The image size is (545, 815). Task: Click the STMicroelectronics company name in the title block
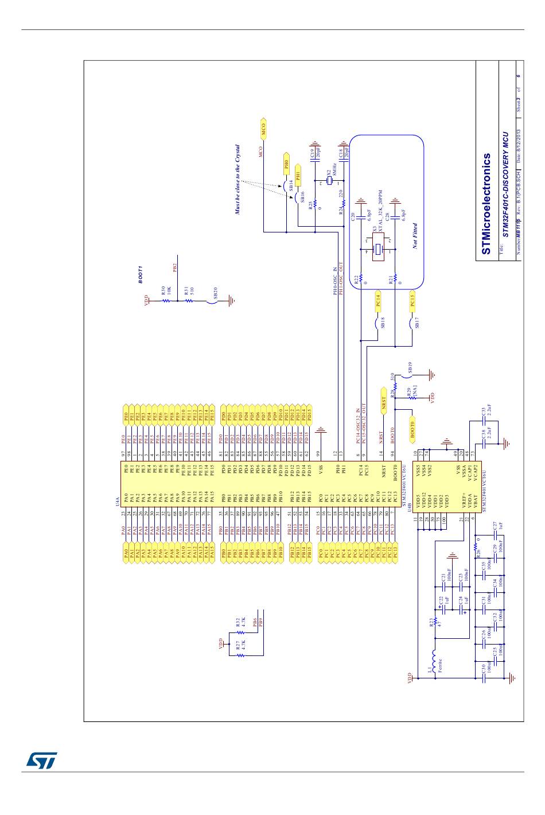pyautogui.click(x=486, y=204)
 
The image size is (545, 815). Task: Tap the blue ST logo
pyautogui.click(x=41, y=760)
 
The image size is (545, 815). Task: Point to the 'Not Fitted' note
pyautogui.click(x=415, y=235)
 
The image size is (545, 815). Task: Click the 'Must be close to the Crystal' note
pyautogui.click(x=236, y=180)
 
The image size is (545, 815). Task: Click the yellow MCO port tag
pyautogui.click(x=264, y=130)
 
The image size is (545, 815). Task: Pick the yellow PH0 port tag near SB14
pyautogui.click(x=287, y=164)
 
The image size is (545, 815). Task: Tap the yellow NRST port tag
pyautogui.click(x=383, y=405)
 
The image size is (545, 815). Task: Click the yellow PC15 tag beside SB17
pyautogui.click(x=412, y=301)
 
